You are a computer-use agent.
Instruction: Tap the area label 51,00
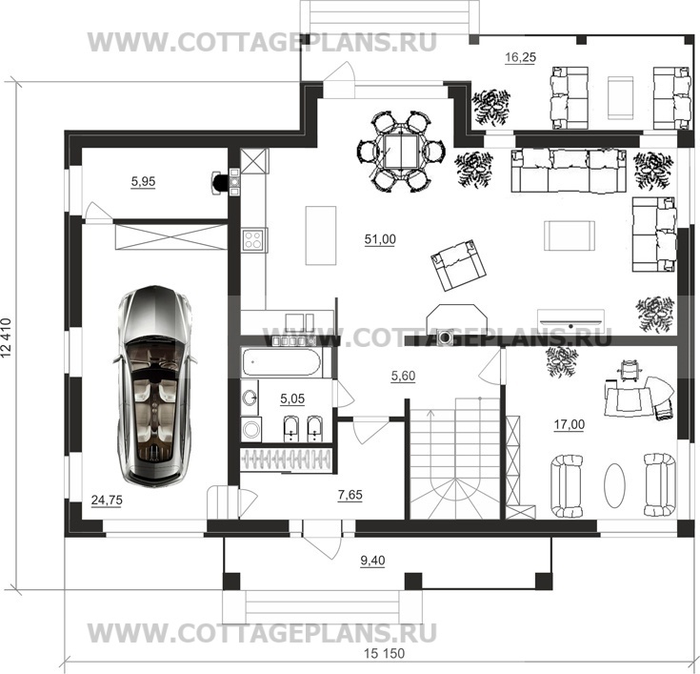380,239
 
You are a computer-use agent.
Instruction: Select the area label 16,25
520,57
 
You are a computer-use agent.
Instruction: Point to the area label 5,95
143,181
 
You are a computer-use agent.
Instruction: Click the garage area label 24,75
107,500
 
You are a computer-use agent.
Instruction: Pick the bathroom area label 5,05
292,398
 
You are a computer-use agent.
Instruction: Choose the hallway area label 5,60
403,377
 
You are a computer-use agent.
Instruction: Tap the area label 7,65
350,495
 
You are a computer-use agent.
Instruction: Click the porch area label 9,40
372,561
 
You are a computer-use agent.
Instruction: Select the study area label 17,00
570,424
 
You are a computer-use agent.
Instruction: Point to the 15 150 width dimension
384,653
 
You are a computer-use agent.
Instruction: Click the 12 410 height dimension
6,337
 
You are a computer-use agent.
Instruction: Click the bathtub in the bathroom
281,362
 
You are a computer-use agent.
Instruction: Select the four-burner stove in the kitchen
253,238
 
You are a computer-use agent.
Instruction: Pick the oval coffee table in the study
614,485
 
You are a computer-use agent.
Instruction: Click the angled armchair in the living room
457,265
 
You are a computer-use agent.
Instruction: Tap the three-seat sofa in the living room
569,171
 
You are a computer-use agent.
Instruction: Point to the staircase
455,459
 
